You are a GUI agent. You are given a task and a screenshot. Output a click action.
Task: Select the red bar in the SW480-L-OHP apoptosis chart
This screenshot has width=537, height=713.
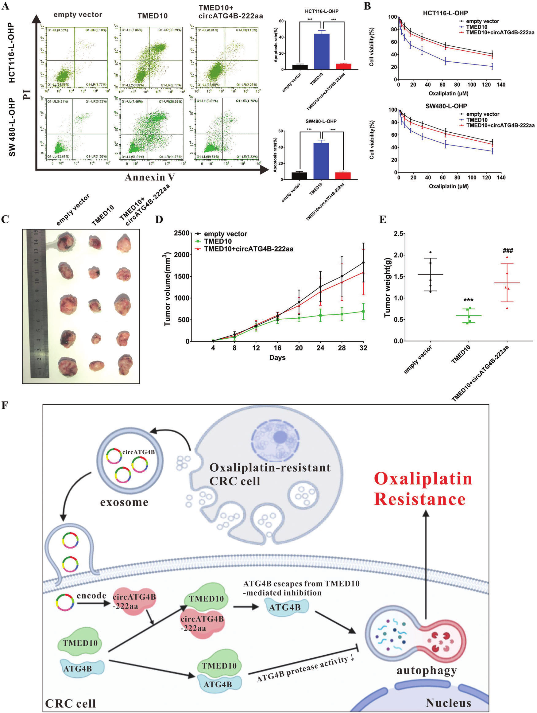343,176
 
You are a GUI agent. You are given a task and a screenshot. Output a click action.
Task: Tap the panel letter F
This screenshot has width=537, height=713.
5,405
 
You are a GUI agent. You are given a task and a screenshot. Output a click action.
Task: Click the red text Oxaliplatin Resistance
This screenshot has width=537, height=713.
423,489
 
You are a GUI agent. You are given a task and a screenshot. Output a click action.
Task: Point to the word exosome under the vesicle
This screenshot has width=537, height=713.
124,502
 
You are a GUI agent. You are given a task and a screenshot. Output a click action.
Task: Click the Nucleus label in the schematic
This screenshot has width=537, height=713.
448,703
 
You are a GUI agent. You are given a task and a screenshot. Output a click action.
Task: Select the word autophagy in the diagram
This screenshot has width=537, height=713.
427,670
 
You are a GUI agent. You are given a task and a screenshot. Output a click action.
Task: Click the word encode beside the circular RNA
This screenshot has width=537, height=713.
91,595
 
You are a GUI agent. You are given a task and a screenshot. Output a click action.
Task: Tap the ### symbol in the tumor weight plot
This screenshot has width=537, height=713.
507,251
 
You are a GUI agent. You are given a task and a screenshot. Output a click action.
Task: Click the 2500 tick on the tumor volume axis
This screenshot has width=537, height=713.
181,233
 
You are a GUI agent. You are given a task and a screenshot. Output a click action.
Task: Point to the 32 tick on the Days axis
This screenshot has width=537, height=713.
363,348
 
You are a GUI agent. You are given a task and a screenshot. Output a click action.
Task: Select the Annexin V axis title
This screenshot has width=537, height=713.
150,177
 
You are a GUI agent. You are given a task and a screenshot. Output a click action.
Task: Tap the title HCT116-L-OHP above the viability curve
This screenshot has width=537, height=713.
445,13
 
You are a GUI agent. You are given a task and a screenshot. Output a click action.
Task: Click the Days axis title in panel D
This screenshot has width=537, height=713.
277,357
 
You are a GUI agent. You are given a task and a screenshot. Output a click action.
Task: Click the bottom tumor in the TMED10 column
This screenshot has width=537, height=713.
96,365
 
